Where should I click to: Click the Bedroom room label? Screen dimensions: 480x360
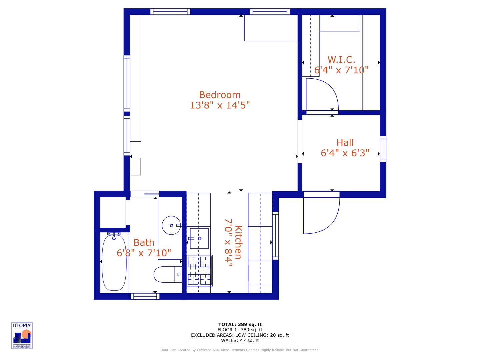(220, 95)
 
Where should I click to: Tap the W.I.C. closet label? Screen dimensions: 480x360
(341, 59)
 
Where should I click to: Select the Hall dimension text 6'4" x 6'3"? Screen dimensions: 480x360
(345, 153)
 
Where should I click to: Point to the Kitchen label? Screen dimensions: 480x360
(238, 242)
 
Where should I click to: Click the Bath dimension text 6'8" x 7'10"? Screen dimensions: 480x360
(144, 253)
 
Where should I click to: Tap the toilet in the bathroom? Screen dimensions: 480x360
(168, 274)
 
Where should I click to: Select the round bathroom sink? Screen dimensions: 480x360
(171, 225)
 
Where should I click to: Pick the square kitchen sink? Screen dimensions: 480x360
(199, 238)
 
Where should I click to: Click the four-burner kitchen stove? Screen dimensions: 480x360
(199, 271)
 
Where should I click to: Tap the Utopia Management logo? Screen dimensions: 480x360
(22, 336)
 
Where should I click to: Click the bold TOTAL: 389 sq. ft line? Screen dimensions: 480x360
(240, 325)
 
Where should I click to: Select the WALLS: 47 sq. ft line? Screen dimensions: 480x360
(240, 341)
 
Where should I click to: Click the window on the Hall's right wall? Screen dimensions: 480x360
(383, 149)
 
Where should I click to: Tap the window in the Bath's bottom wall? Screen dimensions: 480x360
(145, 296)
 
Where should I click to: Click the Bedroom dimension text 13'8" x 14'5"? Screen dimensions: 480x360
(220, 105)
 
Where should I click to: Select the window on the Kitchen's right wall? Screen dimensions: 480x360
(275, 236)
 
